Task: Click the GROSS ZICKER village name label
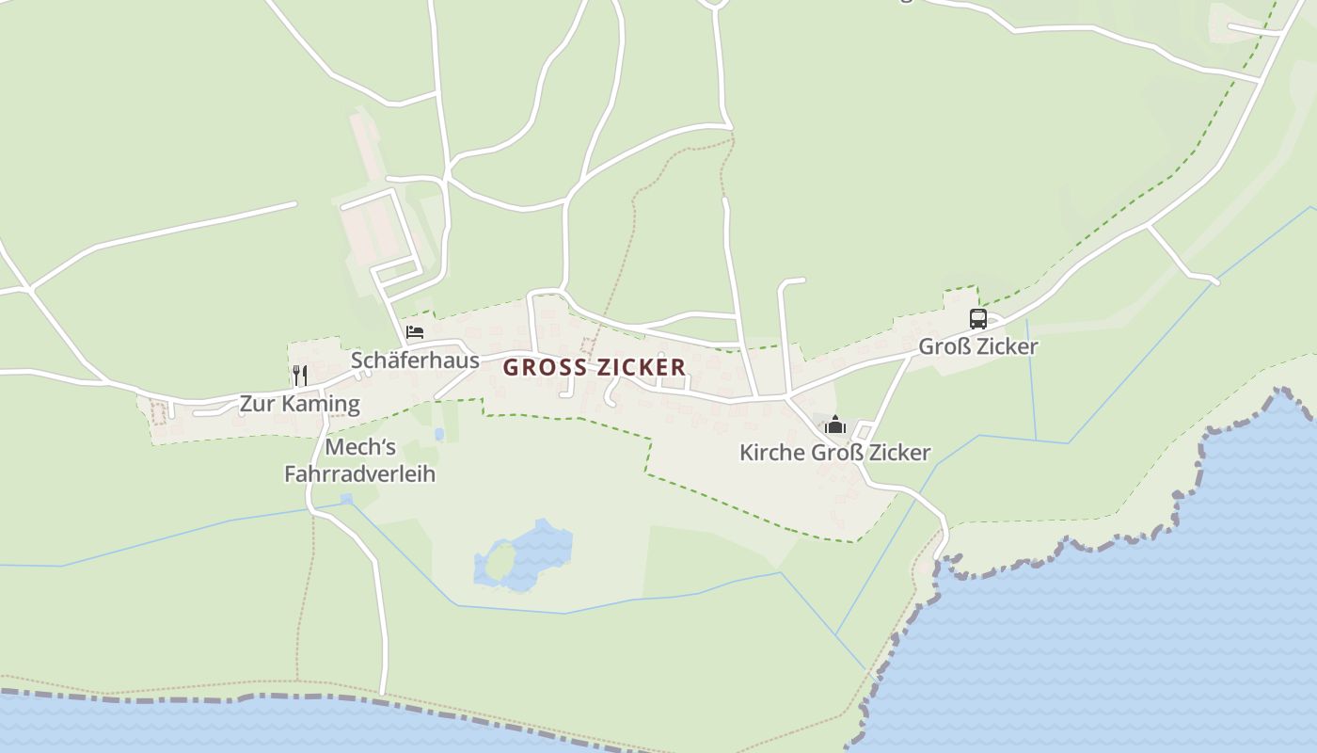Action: [595, 367]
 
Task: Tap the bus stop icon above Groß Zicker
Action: [978, 319]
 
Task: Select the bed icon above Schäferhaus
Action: [415, 332]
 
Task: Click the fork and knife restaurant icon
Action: [300, 376]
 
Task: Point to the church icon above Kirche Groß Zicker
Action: [835, 425]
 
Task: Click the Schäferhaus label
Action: [415, 360]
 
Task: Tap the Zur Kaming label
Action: [300, 404]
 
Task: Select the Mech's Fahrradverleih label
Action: [360, 460]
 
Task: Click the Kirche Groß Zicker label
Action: [835, 453]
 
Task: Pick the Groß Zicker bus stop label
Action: [978, 346]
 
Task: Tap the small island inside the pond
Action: [500, 563]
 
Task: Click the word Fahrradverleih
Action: [360, 473]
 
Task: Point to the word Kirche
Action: [772, 453]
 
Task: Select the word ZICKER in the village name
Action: [643, 367]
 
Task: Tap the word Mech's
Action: [360, 446]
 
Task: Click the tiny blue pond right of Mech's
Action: [439, 434]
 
